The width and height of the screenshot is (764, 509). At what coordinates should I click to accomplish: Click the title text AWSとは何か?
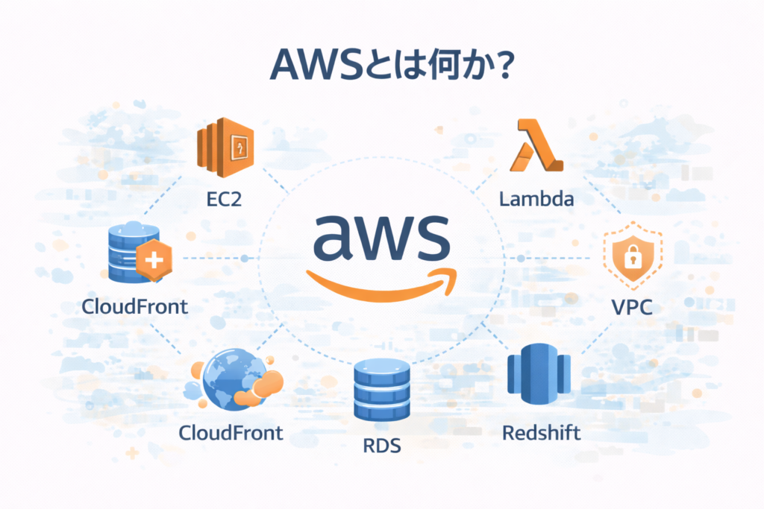(381, 66)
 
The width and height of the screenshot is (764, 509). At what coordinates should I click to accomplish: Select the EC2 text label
(225, 200)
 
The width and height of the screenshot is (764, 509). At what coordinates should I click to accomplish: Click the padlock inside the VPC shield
(632, 258)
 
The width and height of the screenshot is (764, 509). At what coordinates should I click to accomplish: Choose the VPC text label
(631, 306)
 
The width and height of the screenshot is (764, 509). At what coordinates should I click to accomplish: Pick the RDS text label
(382, 446)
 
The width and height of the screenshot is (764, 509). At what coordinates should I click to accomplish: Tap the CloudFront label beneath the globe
(231, 433)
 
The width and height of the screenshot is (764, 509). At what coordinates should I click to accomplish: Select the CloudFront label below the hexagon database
(135, 306)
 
